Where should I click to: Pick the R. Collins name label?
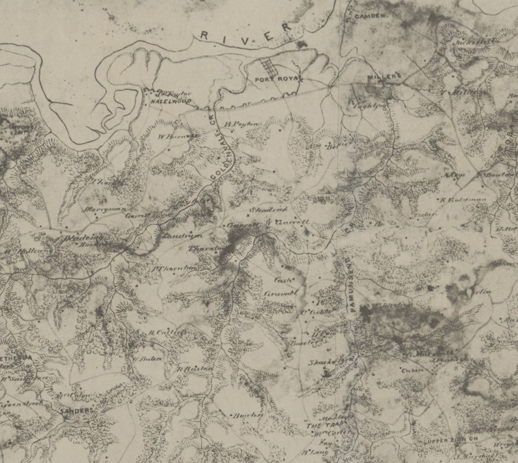click(159, 332)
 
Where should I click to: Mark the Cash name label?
click(282, 279)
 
